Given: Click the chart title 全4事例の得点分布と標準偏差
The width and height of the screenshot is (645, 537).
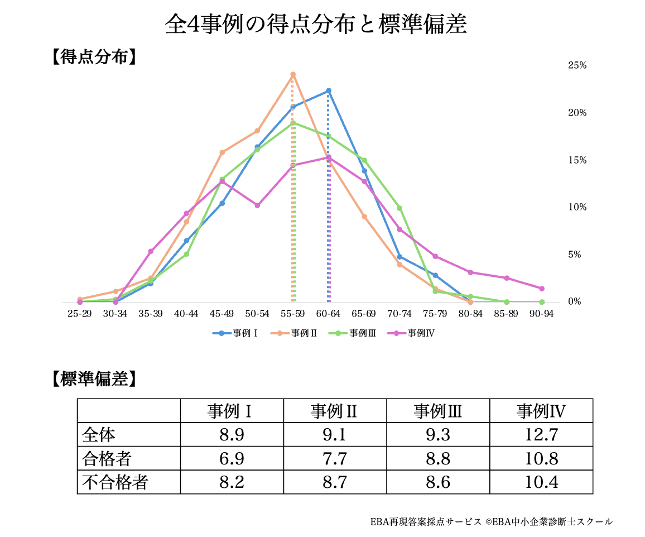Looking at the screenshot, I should [x=316, y=25].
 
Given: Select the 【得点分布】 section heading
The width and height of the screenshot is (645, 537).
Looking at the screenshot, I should [x=93, y=57].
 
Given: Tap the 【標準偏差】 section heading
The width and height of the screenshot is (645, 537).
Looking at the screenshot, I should [x=93, y=379].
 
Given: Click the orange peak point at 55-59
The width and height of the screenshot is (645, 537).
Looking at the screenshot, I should [x=293, y=74].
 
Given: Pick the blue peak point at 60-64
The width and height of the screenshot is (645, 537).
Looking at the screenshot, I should [x=329, y=90].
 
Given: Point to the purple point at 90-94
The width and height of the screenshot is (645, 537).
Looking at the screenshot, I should [x=541, y=289].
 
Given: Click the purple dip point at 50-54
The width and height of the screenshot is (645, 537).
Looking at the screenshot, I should [x=257, y=205].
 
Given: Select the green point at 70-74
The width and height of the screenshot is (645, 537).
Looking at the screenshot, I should [x=399, y=208].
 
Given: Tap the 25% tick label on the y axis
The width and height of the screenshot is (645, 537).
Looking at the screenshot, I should [x=577, y=66].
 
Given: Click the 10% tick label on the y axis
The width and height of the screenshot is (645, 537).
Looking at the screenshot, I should [x=577, y=207].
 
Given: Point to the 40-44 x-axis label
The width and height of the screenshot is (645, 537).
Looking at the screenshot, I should [x=186, y=314].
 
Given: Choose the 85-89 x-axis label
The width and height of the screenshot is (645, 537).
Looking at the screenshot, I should [x=506, y=314].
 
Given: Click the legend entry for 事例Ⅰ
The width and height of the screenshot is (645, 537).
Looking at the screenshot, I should [x=235, y=333].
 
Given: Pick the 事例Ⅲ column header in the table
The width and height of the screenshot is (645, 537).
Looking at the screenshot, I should [x=438, y=411].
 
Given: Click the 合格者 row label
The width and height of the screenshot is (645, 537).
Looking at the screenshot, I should [x=107, y=459].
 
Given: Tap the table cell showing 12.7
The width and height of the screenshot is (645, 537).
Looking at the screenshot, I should [x=541, y=435].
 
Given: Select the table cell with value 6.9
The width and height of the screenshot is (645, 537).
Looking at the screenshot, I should [x=232, y=459].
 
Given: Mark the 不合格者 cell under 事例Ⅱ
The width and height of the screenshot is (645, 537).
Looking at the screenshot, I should [x=335, y=482].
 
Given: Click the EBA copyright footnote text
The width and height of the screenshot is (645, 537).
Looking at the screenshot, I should [x=491, y=522].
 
